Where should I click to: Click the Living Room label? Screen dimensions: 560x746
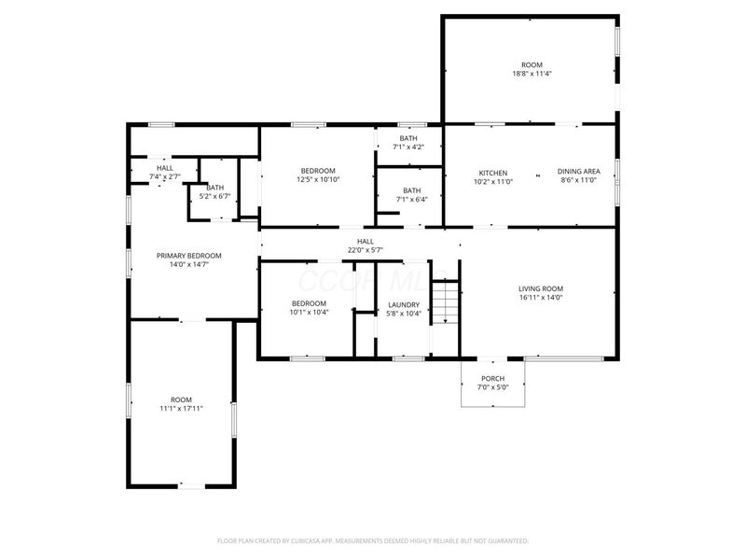click(x=541, y=288)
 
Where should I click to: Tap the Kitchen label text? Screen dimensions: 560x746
click(x=492, y=173)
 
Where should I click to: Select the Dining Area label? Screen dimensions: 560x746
click(x=578, y=172)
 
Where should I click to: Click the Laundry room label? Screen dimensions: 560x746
click(x=404, y=304)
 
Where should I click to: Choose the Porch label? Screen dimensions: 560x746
click(x=492, y=379)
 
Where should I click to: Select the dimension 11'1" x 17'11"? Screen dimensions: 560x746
click(x=181, y=408)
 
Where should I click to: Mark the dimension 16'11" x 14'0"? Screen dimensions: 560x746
click(x=541, y=298)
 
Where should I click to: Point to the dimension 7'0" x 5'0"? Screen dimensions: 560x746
click(x=492, y=387)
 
